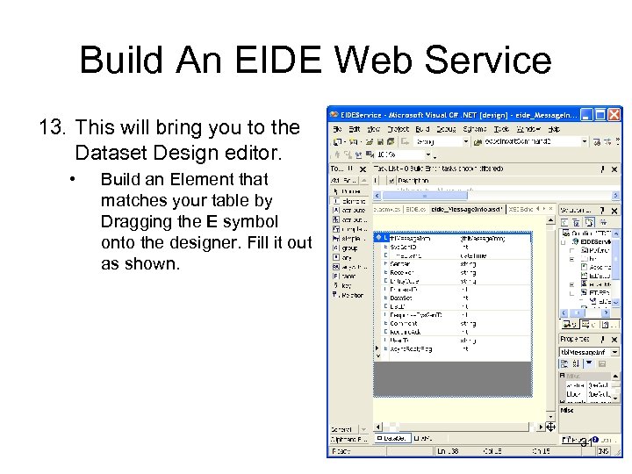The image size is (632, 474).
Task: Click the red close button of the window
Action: pyautogui.click(x=615, y=114)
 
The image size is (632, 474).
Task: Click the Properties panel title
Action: pyautogui.click(x=576, y=339)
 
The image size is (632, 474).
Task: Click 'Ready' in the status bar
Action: pyautogui.click(x=341, y=450)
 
